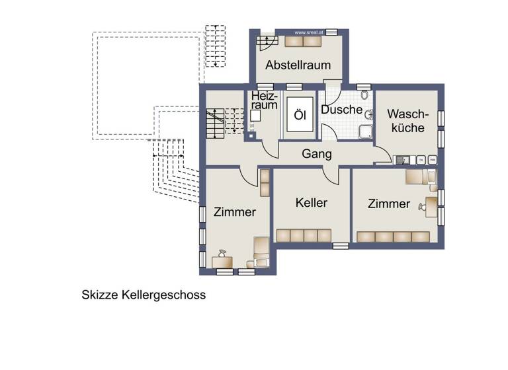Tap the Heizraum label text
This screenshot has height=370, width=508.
(265, 100)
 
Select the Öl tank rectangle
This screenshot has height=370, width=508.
(300, 116)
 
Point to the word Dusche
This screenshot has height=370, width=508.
(341, 110)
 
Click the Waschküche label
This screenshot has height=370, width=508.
(407, 120)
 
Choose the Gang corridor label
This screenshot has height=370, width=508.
(316, 153)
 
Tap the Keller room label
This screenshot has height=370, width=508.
(312, 203)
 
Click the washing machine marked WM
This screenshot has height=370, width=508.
(433, 159)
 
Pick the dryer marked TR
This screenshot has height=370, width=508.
(419, 159)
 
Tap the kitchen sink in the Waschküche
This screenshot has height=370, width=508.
(402, 159)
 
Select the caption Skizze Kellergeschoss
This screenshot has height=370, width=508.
(144, 295)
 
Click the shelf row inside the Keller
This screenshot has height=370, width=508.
(304, 235)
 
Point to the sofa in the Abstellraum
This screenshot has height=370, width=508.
(303, 41)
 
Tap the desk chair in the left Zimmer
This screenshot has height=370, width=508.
(222, 253)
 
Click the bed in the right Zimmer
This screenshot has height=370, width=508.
(420, 177)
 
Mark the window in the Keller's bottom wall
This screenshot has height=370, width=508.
(341, 246)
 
